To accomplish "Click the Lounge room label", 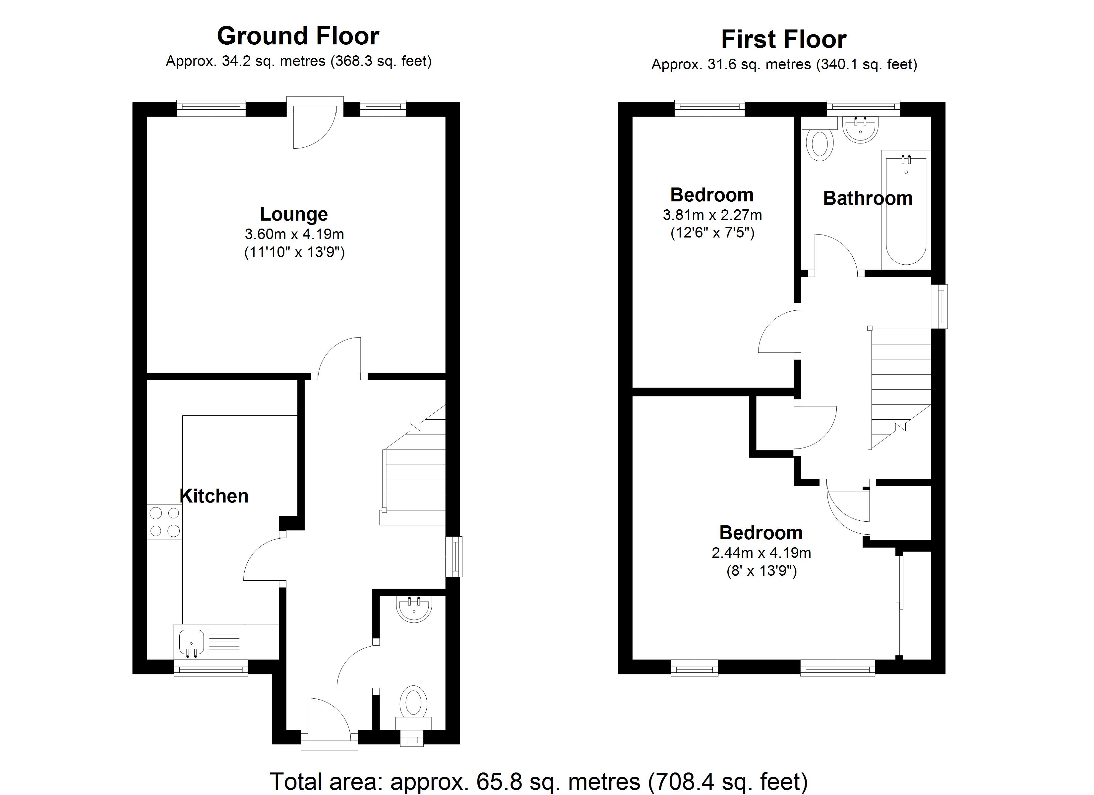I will coord(294,214).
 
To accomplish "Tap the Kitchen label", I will coord(214,496).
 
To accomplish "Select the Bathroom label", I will coord(867,198).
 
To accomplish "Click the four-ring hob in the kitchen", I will coord(164,522).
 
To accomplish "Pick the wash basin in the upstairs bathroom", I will coord(860,129).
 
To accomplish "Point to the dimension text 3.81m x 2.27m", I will coord(712,215).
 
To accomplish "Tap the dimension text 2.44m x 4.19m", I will coord(761,553).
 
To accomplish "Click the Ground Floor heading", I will coord(298,36).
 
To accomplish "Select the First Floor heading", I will coord(783,39).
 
